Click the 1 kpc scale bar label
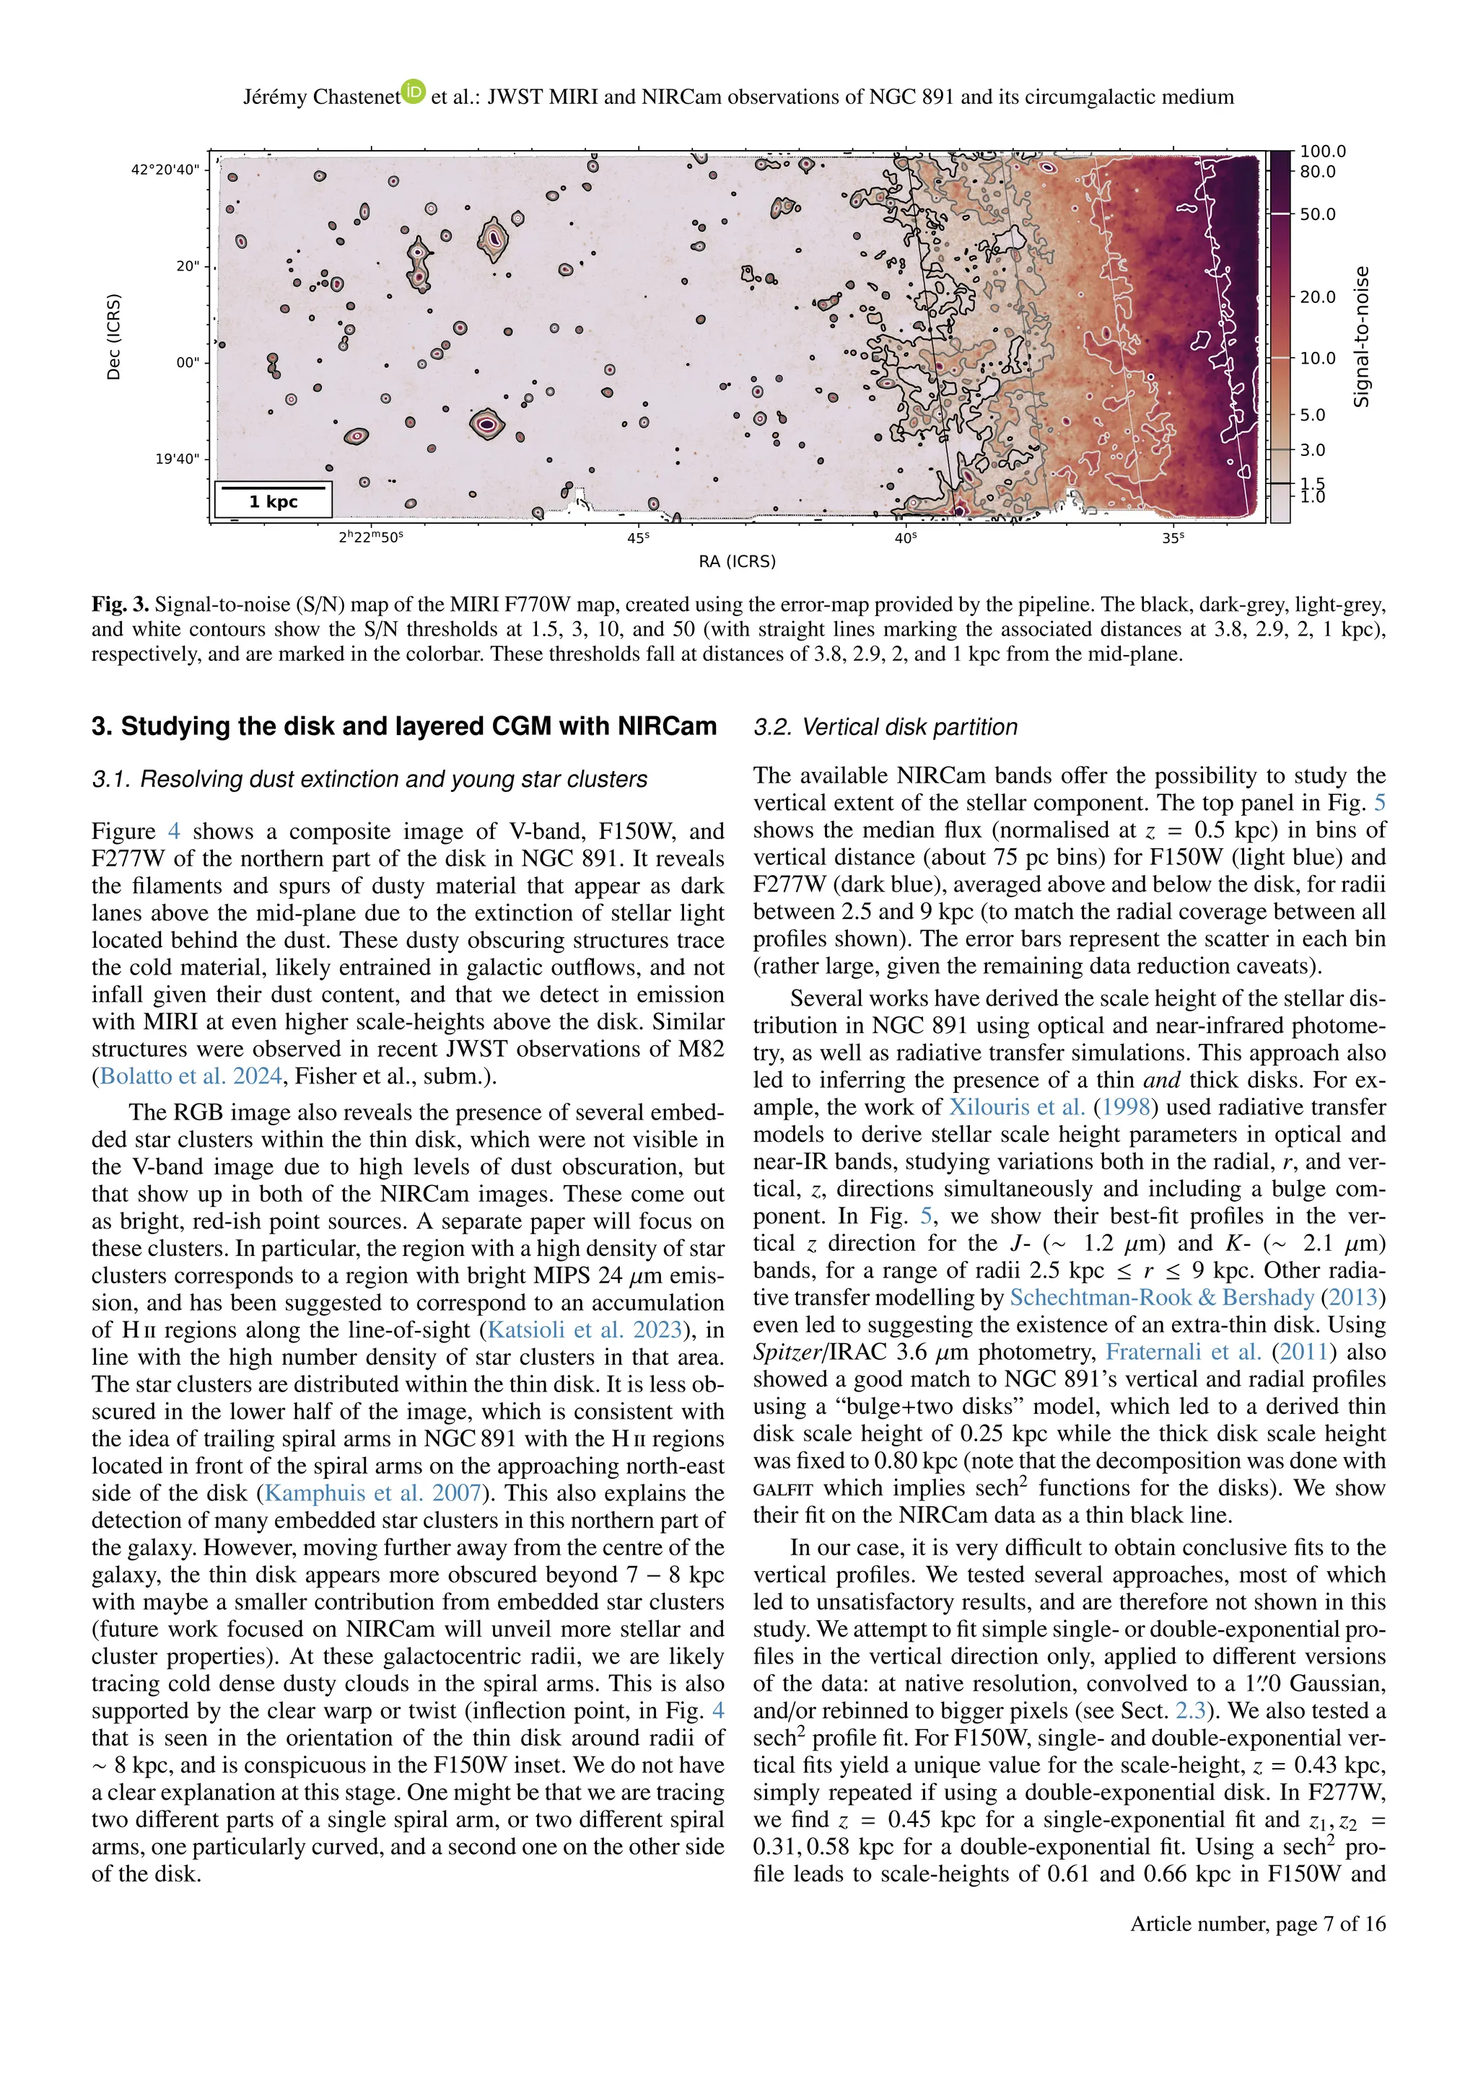click(273, 501)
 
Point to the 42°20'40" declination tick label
click(165, 170)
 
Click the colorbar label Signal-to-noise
click(1362, 337)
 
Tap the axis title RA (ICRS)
click(737, 562)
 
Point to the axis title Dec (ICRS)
click(114, 337)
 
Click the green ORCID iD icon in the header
click(414, 92)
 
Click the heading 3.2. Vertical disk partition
click(885, 727)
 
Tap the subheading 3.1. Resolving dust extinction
click(369, 780)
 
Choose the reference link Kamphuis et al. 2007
click(372, 1493)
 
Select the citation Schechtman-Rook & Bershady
click(1161, 1298)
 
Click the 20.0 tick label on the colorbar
click(1317, 296)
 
